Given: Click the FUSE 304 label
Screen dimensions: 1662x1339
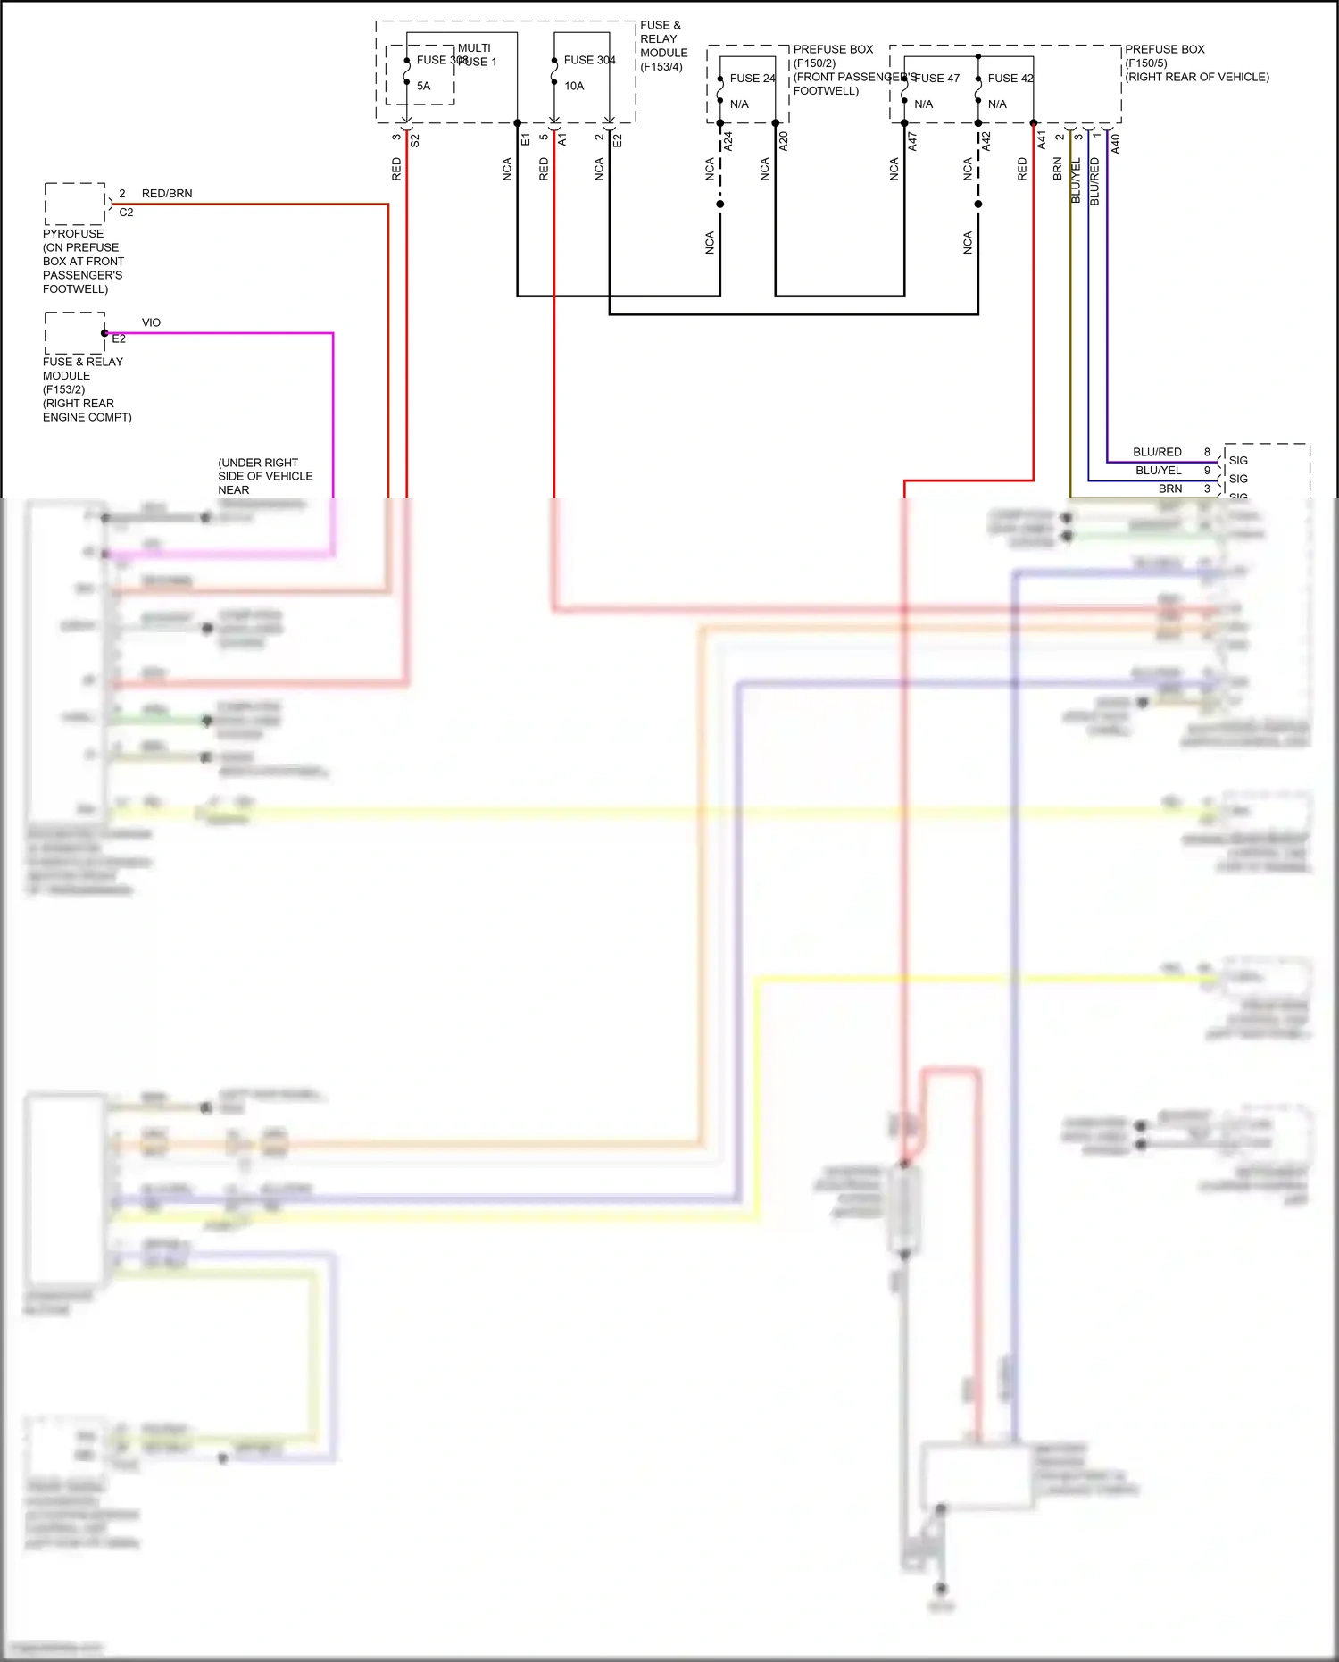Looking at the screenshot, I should tap(589, 60).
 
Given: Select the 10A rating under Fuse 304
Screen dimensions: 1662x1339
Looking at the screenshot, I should tap(574, 86).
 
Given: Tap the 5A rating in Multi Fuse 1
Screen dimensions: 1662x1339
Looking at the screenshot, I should tap(423, 86).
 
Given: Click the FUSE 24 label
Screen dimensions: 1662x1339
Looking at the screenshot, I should tap(752, 78).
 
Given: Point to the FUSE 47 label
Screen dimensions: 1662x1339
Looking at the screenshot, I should tap(937, 78).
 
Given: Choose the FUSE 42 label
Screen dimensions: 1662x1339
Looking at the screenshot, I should tap(1010, 78).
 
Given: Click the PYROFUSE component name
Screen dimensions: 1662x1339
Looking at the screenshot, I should tap(73, 233).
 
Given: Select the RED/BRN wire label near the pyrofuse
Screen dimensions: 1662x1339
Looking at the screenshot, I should tap(167, 193).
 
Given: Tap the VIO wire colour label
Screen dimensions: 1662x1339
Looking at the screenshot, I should tap(151, 322).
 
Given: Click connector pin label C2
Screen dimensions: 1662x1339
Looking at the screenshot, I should tap(126, 213).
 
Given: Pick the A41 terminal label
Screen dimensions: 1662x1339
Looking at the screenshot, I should tap(1041, 140).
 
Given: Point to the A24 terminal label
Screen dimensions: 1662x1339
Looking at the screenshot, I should tap(728, 140).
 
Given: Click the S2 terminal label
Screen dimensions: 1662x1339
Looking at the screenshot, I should tap(414, 140).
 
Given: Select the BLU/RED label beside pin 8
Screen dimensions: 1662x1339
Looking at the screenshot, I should tap(1157, 452).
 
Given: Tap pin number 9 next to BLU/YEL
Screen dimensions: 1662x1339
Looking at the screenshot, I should tap(1207, 470).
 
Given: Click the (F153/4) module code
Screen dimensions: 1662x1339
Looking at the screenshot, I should tap(661, 67).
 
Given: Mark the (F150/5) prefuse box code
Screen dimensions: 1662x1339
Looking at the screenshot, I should tap(1146, 63).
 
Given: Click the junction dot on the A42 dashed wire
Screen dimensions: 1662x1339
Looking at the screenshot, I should tap(978, 205).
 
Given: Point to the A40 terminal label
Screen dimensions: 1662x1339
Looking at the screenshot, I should tap(1115, 143).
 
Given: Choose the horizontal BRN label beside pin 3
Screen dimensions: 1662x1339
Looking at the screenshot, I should tap(1170, 489).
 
